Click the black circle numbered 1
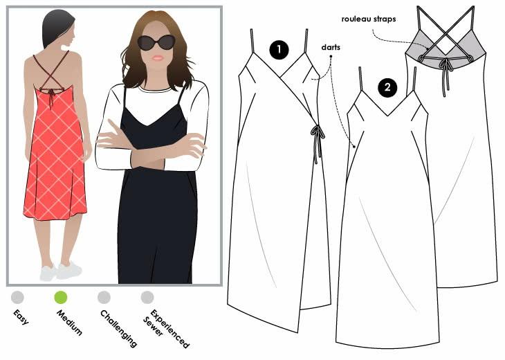pos(279,49)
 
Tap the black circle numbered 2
pos(387,87)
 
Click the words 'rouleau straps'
pos(369,19)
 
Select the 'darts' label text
pos(331,47)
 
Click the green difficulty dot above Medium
pos(61,297)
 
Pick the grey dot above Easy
pos(17,297)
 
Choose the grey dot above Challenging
pos(104,297)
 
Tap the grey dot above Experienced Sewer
pos(147,297)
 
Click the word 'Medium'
pos(69,323)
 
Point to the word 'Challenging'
pos(118,329)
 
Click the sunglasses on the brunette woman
pos(156,42)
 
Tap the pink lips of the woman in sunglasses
pos(158,58)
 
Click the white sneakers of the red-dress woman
pos(61,271)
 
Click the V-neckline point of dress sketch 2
pos(386,116)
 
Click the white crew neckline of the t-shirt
pos(155,88)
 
